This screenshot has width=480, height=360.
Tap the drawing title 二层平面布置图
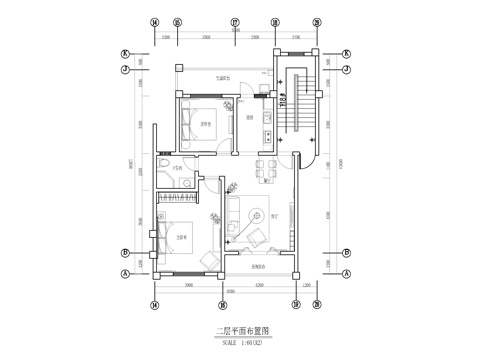243,328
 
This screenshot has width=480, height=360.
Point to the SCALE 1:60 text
243,339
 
